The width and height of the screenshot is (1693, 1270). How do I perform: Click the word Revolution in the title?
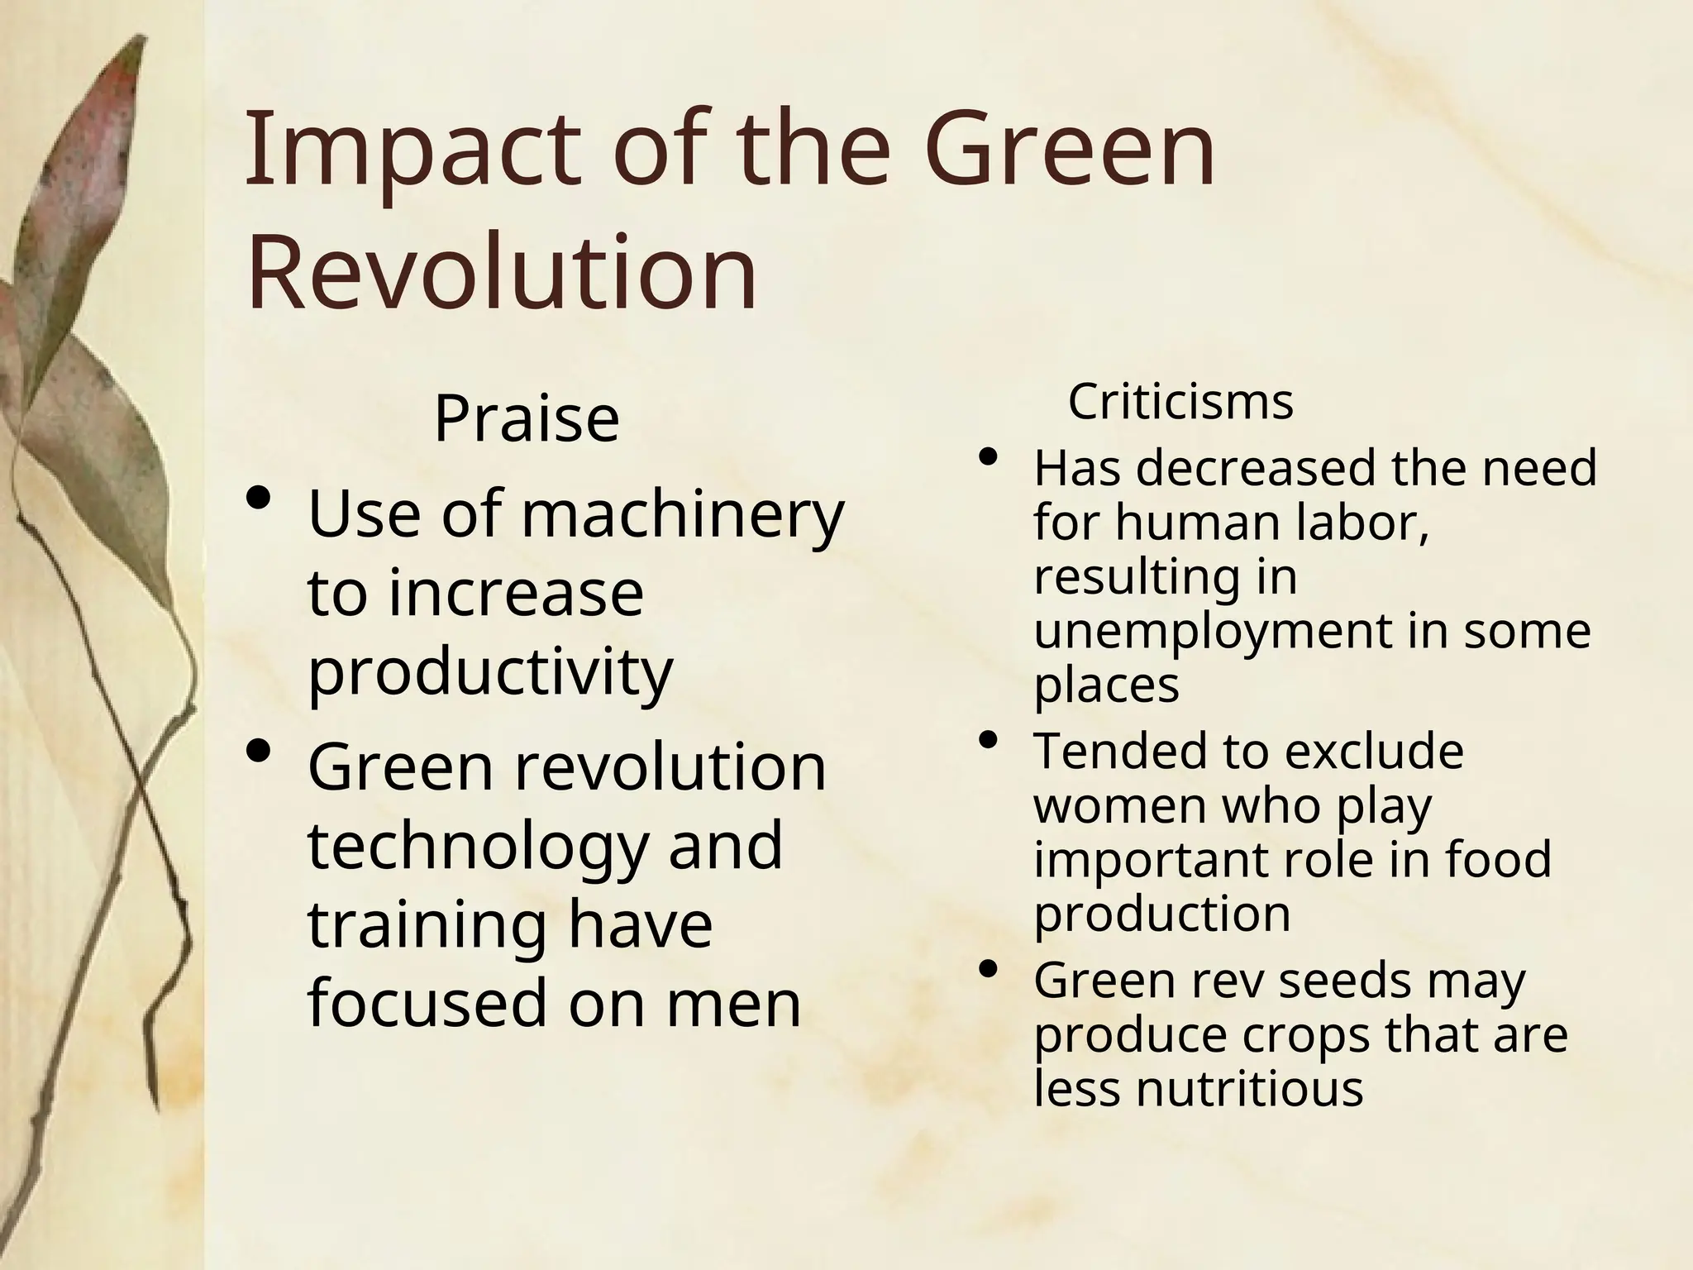[x=501, y=272]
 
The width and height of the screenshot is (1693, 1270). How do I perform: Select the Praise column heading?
[x=527, y=419]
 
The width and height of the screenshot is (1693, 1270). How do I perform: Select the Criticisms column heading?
[x=1180, y=403]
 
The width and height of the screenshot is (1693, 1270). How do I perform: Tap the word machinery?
[x=682, y=515]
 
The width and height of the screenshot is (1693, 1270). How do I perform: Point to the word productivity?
[x=490, y=672]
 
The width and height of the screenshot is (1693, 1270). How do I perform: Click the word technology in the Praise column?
[x=479, y=847]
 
